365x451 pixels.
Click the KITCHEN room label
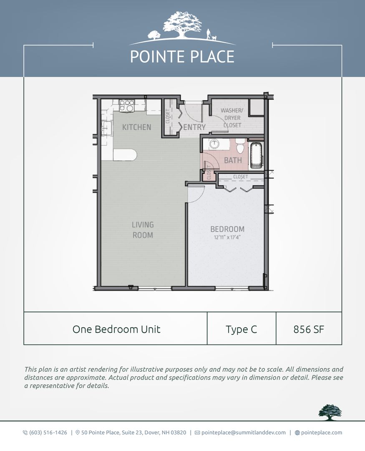136,127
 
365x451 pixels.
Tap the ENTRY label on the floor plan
194,127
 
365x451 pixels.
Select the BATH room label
233,160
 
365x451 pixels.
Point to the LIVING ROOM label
143,230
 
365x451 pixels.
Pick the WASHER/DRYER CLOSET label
232,118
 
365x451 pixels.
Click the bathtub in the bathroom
256,155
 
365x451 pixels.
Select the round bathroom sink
214,144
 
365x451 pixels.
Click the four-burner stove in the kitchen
127,105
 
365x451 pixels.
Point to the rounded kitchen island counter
125,155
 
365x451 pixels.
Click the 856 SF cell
309,329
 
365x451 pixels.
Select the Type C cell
241,329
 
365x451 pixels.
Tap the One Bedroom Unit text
116,329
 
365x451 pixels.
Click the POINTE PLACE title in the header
182,57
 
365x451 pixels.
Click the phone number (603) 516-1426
48,433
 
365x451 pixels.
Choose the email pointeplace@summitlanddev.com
243,433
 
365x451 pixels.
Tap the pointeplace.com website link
321,433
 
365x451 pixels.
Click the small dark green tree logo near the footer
330,412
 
